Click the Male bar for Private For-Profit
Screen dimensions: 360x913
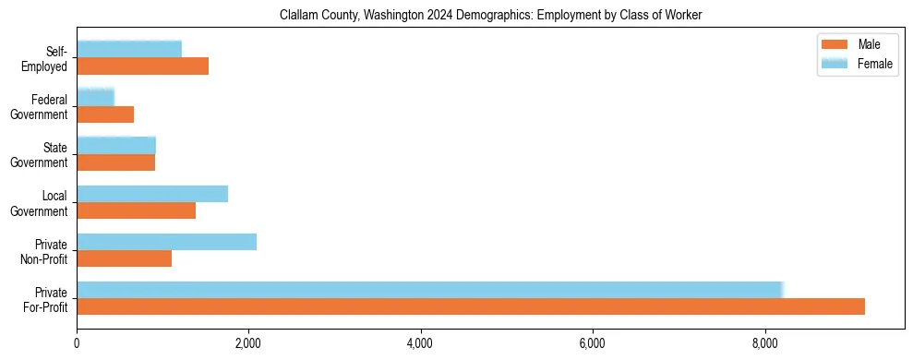click(x=471, y=306)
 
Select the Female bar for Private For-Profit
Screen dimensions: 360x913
click(x=429, y=290)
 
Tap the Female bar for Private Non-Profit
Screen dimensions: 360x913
click(x=166, y=242)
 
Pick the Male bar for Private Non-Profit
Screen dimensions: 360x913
click(x=124, y=258)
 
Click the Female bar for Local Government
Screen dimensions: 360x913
click(x=152, y=194)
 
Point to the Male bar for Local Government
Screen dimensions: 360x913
click(x=136, y=210)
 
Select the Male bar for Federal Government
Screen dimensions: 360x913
click(x=105, y=114)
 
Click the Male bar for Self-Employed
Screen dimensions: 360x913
click(x=142, y=66)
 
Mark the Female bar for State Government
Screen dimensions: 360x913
click(x=116, y=146)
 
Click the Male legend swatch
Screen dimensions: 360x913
click(x=834, y=44)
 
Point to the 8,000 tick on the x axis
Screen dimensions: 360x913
click(x=764, y=343)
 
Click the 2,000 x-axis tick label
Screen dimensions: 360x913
click(x=248, y=343)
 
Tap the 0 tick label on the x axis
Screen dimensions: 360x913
click(x=77, y=343)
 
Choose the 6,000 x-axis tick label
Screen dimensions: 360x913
click(x=593, y=343)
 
